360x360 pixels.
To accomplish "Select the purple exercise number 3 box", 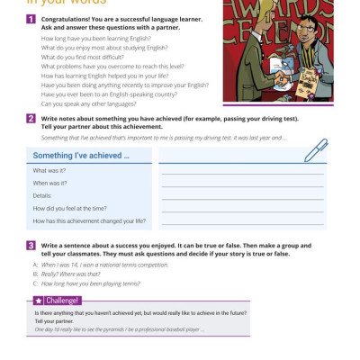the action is (31, 245).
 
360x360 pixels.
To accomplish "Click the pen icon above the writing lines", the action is (314, 150).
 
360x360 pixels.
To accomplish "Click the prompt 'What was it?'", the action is (49, 170).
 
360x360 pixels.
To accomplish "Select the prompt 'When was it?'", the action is (50, 183).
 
